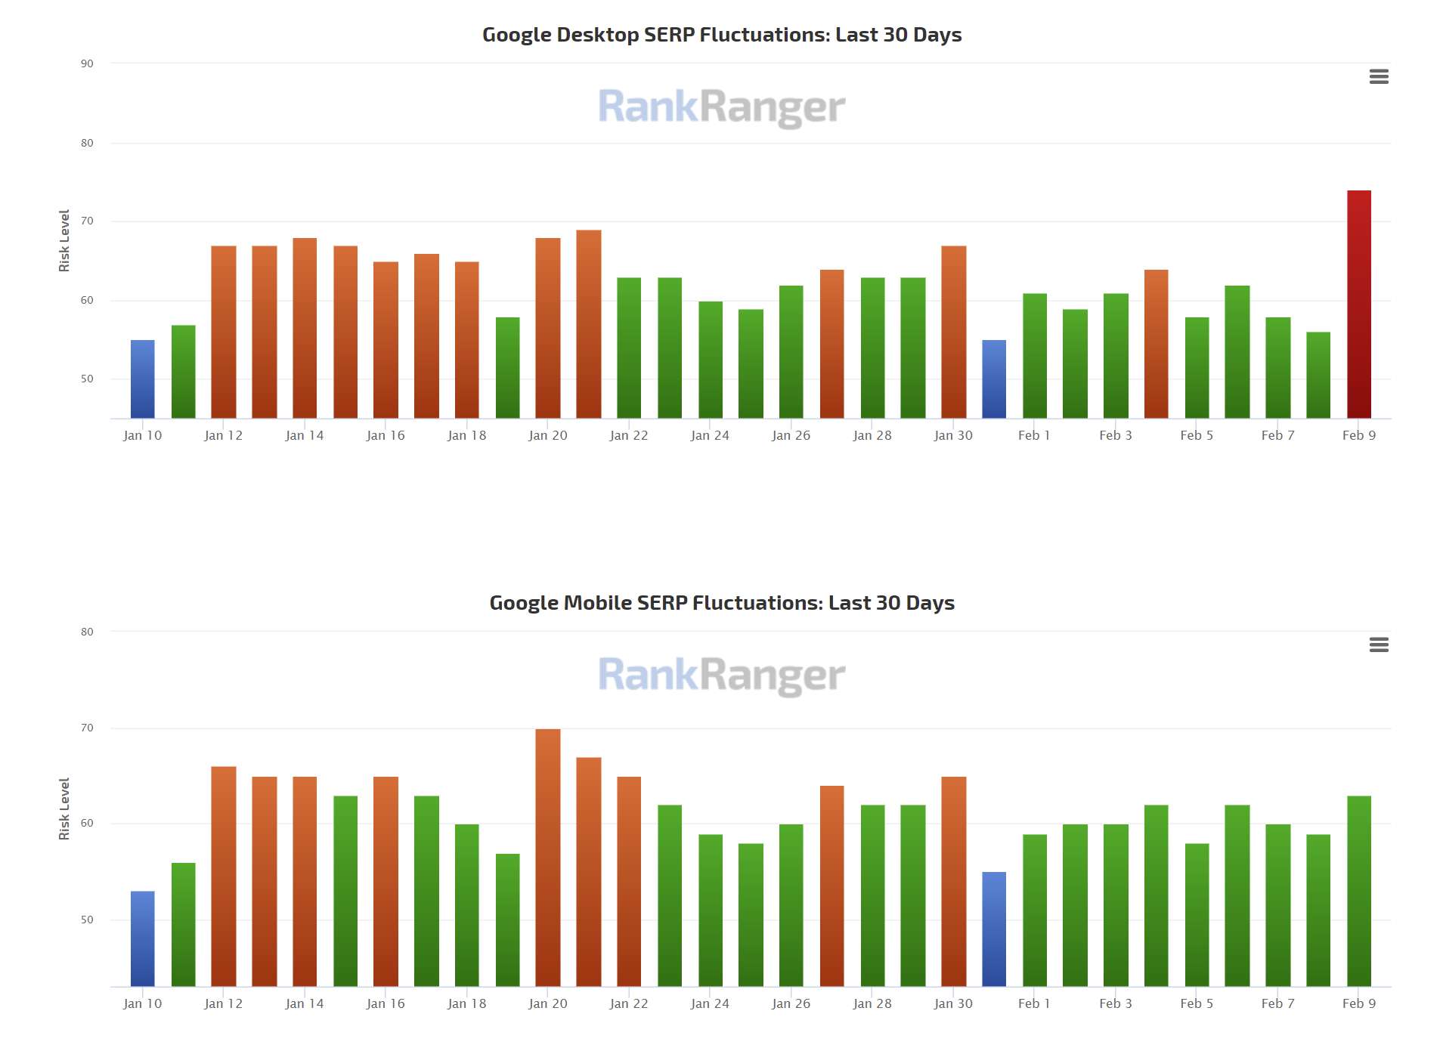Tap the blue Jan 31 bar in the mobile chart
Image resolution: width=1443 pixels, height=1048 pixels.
(x=993, y=929)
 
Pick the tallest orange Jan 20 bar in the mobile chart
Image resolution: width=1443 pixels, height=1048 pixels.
(x=547, y=858)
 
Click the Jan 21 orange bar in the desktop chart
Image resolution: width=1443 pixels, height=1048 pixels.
(x=588, y=324)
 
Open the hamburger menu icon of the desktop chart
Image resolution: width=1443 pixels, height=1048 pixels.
(x=1378, y=76)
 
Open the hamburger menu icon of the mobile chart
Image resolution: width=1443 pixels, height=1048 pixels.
(x=1378, y=645)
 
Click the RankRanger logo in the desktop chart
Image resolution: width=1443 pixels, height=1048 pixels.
(x=721, y=107)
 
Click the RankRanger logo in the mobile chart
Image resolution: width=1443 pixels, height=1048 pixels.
(x=721, y=675)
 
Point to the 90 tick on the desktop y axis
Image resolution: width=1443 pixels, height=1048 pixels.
(x=88, y=63)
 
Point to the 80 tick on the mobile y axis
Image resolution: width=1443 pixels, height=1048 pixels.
(x=88, y=632)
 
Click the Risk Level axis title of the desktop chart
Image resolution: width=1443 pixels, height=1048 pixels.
(x=64, y=240)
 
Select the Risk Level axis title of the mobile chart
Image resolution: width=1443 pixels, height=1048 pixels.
(x=64, y=808)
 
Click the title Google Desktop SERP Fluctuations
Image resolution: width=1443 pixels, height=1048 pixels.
(x=721, y=35)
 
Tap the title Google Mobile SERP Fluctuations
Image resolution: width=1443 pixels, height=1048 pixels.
(x=721, y=603)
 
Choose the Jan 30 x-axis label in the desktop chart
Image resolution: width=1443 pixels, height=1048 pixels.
(x=952, y=435)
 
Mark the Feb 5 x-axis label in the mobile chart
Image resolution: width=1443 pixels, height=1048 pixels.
(x=1196, y=1003)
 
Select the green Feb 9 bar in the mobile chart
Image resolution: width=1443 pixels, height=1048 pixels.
(x=1358, y=891)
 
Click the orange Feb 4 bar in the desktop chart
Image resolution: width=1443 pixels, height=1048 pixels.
(x=1156, y=344)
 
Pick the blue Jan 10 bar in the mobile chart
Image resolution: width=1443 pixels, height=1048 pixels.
(x=142, y=938)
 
